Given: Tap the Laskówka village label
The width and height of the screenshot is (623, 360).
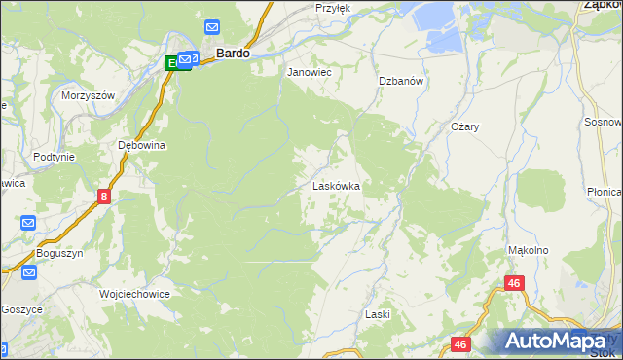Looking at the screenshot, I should [337, 185].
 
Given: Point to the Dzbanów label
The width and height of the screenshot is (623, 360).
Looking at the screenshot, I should [400, 82].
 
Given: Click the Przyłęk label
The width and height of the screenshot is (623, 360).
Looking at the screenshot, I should [332, 7].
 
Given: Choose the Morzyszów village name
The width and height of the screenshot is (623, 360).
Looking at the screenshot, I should [89, 95].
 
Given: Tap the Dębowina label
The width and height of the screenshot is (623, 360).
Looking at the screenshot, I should [142, 145].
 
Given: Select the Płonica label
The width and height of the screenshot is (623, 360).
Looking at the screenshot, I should [605, 192].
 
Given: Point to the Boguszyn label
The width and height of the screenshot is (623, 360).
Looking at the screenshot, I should [60, 255].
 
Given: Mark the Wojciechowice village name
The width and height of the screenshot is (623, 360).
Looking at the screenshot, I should [135, 293].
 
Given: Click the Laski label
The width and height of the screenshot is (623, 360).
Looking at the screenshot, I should [378, 314].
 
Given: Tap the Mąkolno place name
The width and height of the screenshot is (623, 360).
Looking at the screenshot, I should [529, 250].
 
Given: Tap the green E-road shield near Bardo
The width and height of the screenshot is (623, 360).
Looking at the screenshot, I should [173, 63].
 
